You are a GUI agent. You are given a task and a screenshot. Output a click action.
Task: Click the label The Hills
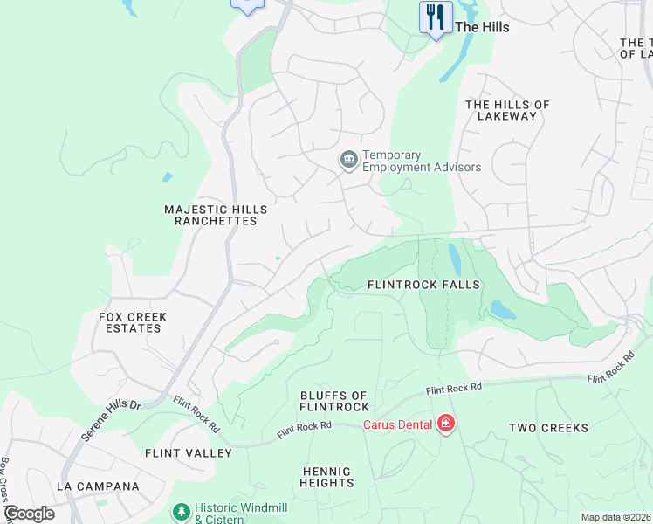pos(482,27)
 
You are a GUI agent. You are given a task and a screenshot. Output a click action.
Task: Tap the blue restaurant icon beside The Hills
pos(434,17)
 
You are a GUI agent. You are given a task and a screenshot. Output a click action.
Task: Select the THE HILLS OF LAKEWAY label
pos(507,111)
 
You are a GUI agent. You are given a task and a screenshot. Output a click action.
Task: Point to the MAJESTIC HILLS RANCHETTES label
pos(216,216)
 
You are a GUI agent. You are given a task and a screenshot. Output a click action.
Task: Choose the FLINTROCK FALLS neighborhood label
pos(423,285)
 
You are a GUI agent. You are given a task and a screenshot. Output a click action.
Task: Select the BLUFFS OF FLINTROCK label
pos(334,401)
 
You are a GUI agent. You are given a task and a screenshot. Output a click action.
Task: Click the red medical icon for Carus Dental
pos(446,424)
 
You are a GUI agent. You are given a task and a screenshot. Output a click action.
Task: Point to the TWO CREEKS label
pos(549,428)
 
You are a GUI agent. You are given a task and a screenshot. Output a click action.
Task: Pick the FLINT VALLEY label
pos(189,453)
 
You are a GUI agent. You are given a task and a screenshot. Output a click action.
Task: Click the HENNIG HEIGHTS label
pos(327,477)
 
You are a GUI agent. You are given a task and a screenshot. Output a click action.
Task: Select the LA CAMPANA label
pos(98,486)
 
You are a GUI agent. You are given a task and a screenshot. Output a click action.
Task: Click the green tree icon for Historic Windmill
pos(181,510)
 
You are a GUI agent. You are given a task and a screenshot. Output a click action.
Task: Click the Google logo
pos(28,514)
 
